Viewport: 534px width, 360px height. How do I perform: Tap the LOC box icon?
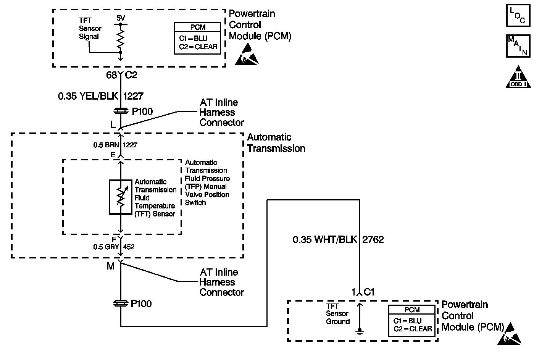518,16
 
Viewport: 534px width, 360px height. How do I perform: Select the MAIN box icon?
518,46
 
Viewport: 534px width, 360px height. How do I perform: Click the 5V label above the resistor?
120,18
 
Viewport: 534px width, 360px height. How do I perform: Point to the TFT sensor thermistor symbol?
121,197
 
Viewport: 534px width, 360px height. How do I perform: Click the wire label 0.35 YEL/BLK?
88,96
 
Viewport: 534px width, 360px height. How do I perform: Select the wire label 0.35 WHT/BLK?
324,240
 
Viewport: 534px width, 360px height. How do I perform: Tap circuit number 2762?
373,240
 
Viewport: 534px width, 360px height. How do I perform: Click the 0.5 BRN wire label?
106,145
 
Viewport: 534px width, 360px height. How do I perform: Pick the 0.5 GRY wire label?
106,247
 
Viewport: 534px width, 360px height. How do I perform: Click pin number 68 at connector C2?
111,75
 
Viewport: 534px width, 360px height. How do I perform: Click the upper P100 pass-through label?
142,111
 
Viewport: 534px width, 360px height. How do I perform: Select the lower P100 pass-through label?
141,304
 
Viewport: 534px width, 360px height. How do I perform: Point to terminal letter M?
110,266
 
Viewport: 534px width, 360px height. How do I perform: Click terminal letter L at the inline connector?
113,124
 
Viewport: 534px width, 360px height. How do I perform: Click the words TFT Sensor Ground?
337,314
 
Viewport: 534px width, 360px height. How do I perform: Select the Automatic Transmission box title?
276,143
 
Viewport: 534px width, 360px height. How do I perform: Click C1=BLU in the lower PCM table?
407,321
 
